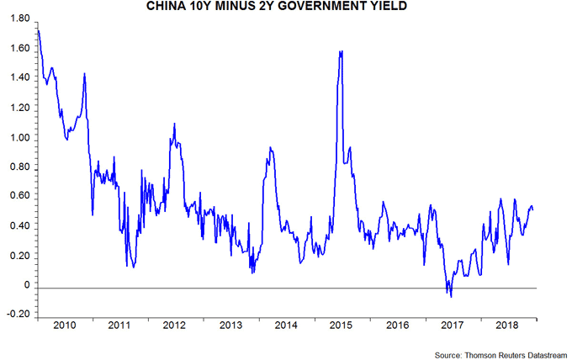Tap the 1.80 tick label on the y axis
coord(19,19)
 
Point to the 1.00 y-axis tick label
coord(19,138)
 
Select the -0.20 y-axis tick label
coord(17,315)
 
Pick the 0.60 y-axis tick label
coord(19,197)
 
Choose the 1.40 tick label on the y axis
coord(19,78)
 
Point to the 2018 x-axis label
coord(508,324)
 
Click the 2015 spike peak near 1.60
coord(341,51)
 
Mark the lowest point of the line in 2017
coord(452,297)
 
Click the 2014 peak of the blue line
coord(269,148)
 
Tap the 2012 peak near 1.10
coord(174,124)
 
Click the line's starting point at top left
coord(39,31)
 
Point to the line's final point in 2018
coord(533,209)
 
